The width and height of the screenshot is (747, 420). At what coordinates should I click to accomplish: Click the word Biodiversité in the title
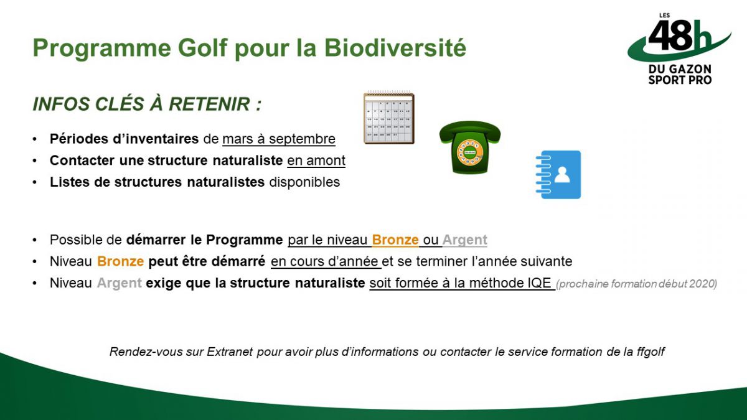click(x=395, y=48)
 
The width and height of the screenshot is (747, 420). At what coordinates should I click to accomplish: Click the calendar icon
click(x=389, y=118)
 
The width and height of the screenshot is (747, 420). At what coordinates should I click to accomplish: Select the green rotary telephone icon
click(x=470, y=147)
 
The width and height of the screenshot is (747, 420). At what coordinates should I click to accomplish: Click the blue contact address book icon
click(x=558, y=175)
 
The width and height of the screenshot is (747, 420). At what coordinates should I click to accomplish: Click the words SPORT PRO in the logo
click(x=680, y=80)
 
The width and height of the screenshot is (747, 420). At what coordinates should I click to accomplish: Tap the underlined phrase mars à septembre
click(x=279, y=139)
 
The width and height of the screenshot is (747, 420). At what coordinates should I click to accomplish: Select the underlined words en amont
click(x=316, y=161)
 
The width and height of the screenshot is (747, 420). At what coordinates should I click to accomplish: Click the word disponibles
click(x=304, y=182)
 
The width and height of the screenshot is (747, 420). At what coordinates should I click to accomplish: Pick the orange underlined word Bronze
click(x=395, y=240)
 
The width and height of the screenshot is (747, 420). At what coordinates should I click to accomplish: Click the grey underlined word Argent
click(x=465, y=240)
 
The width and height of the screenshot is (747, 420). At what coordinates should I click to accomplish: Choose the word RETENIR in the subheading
click(x=209, y=104)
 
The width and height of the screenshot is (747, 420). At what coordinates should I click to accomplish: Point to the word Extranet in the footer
click(x=230, y=352)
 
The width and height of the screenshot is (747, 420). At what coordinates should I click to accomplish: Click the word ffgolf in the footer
click(x=651, y=352)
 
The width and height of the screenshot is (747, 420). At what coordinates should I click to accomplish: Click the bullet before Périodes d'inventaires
click(x=35, y=139)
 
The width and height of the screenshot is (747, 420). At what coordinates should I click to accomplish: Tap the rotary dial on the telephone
click(x=469, y=152)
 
